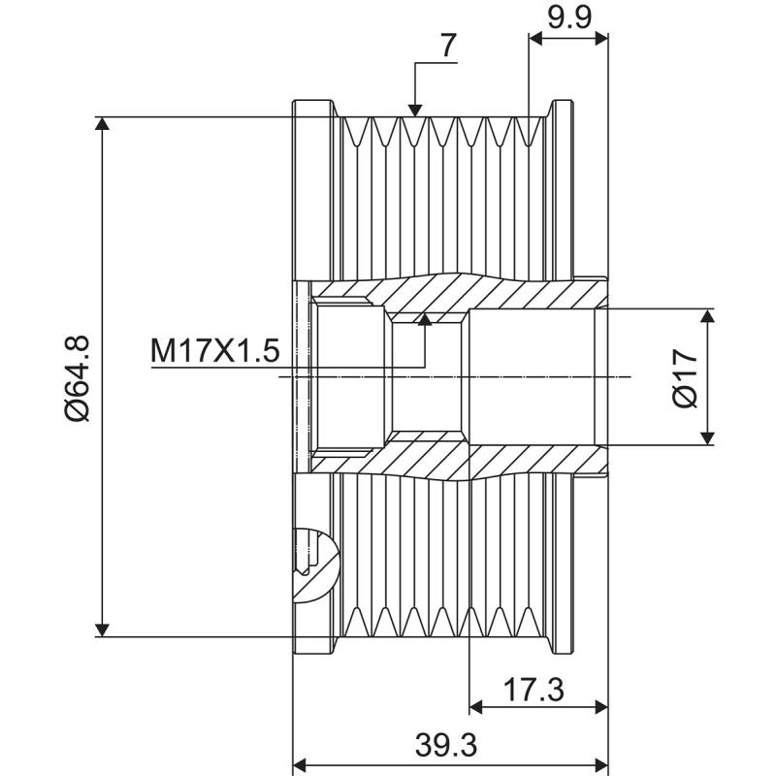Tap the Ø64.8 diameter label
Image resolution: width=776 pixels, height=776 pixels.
click(77, 378)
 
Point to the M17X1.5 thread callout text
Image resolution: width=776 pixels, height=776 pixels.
click(214, 350)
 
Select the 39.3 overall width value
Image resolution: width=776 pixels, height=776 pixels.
click(448, 746)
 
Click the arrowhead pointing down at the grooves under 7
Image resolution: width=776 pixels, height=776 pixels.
click(414, 109)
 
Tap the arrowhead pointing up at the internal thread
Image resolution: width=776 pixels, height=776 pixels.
click(423, 320)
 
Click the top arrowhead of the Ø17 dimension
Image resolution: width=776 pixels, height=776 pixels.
click(711, 318)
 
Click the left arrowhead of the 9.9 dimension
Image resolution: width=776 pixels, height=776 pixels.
click(537, 38)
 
